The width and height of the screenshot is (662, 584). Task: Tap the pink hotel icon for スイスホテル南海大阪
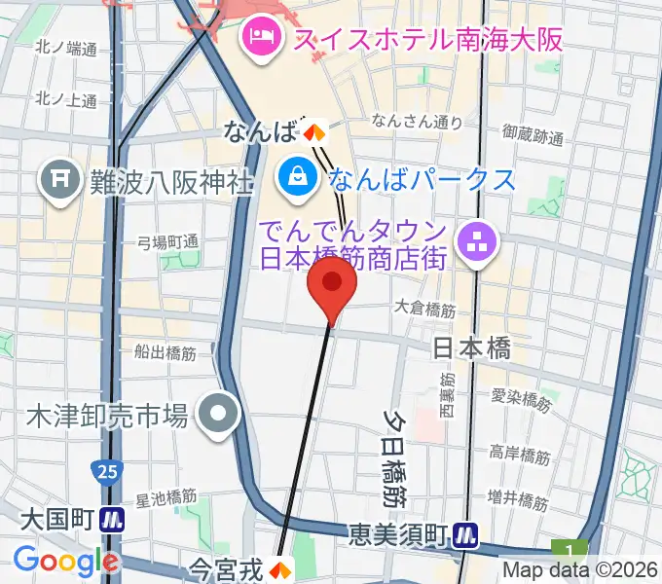pos(260,39)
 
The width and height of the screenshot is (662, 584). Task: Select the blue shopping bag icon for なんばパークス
pos(294,177)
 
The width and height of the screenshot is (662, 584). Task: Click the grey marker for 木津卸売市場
pos(220,417)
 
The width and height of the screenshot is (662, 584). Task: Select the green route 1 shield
pos(561,550)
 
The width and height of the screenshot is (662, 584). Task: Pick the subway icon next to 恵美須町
pos(469,533)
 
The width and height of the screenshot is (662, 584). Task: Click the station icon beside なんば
pos(313,130)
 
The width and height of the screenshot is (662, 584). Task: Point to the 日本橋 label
pos(471,348)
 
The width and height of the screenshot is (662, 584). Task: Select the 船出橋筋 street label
pos(166,353)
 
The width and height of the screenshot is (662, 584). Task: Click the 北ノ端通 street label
pos(65,48)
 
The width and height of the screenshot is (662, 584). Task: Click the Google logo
pos(65,561)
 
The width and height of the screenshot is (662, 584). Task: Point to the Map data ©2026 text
pos(579,570)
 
